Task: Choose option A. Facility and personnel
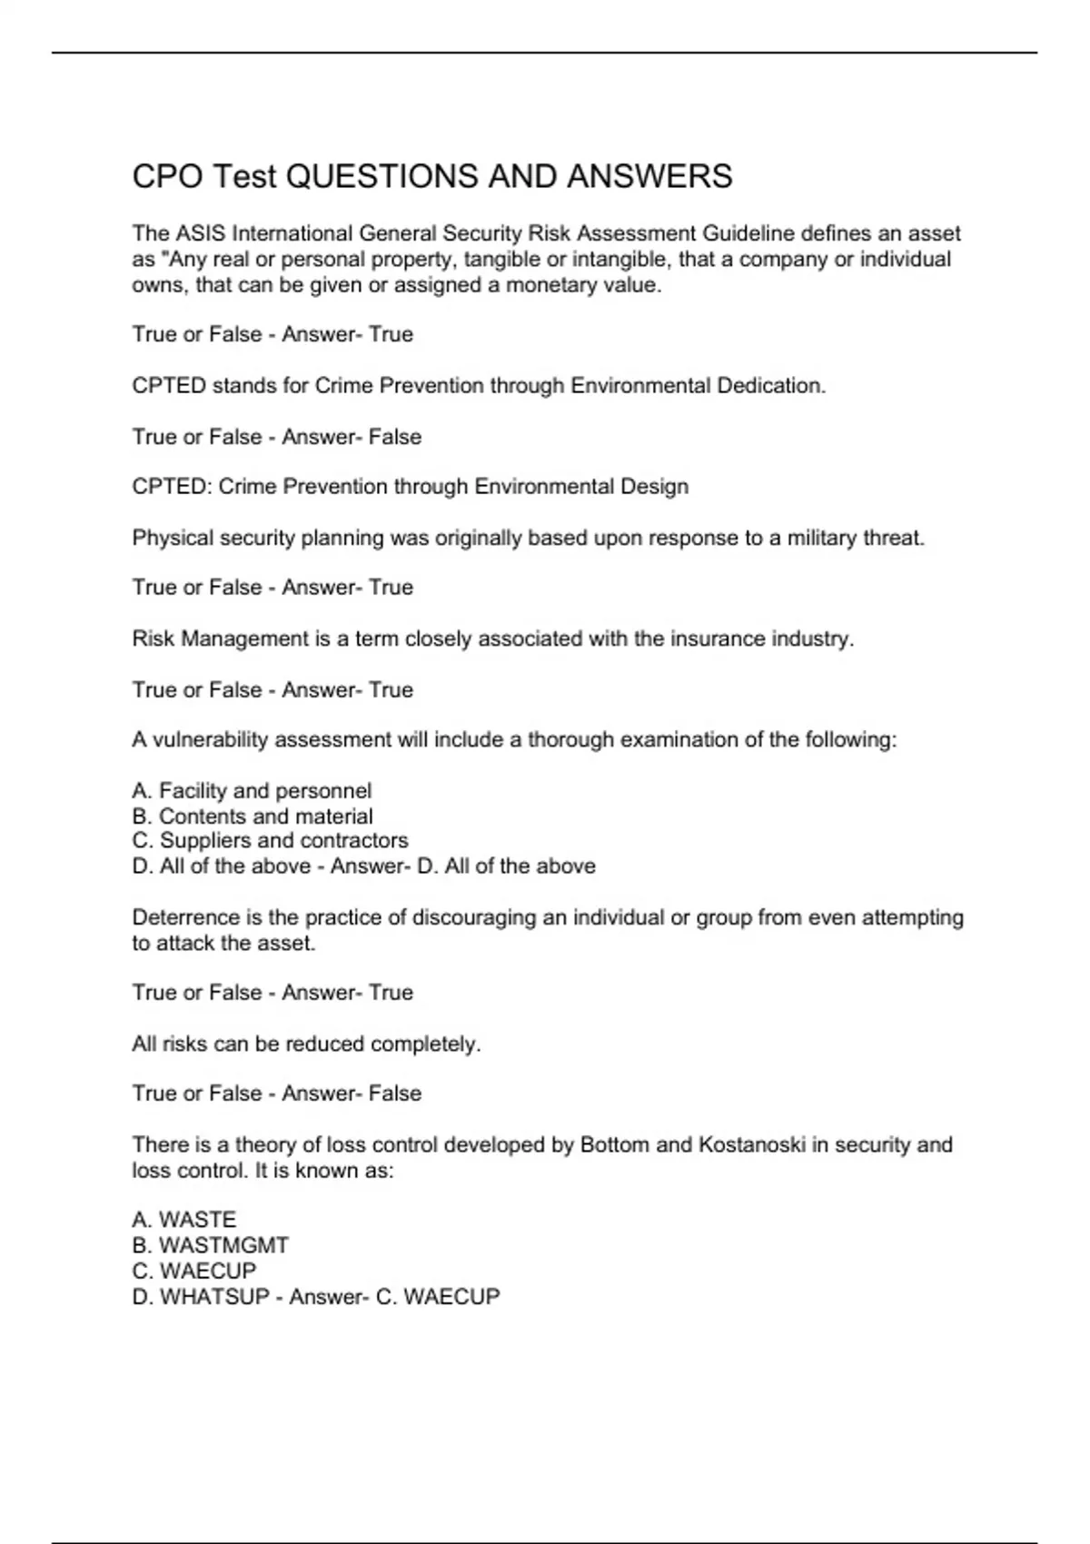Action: tap(252, 791)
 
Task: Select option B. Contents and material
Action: tap(253, 817)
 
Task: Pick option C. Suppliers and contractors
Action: tap(270, 841)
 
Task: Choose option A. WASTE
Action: tap(184, 1220)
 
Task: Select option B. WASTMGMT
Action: tap(211, 1245)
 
